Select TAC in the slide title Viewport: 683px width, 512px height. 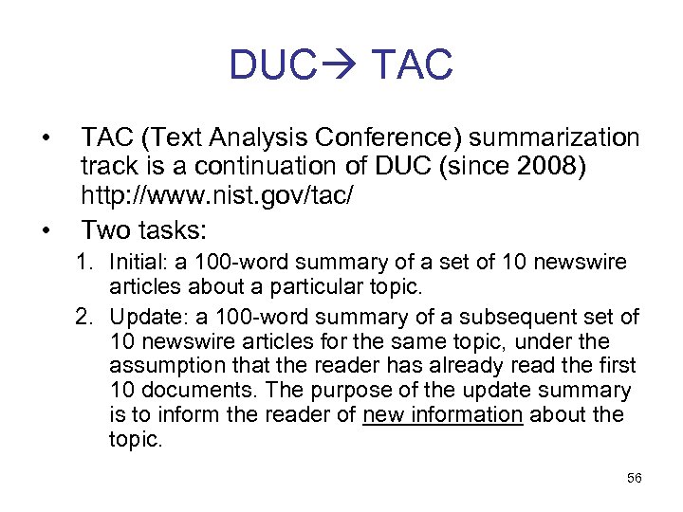pos(414,65)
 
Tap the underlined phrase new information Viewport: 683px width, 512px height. pos(442,414)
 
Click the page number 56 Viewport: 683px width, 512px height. pos(634,478)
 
